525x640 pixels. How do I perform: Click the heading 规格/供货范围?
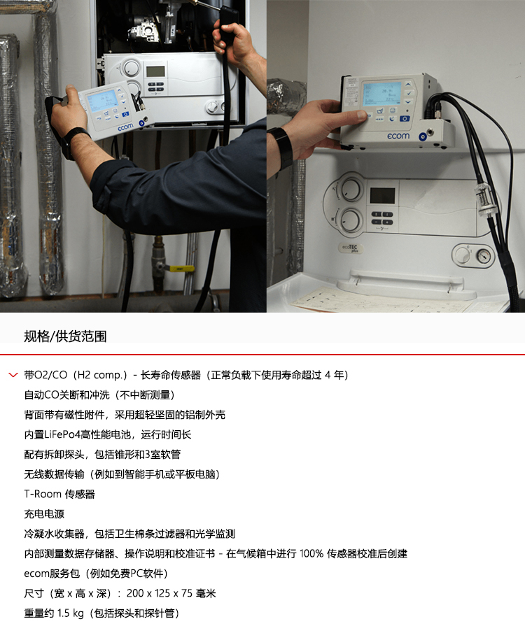65,336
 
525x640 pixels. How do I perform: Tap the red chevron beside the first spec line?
13,375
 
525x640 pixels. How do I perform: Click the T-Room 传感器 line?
59,495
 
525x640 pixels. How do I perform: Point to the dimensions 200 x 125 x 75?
160,593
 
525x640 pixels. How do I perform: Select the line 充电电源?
44,514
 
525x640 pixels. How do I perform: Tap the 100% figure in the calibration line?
311,554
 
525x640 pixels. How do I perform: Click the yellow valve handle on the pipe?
179,269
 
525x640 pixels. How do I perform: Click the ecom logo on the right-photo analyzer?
398,136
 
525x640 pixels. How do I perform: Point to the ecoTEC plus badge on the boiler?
350,248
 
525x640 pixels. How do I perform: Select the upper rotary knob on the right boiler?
351,190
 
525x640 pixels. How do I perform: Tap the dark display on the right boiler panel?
382,196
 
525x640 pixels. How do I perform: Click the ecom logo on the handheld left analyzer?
125,127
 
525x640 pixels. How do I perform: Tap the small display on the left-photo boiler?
155,71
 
